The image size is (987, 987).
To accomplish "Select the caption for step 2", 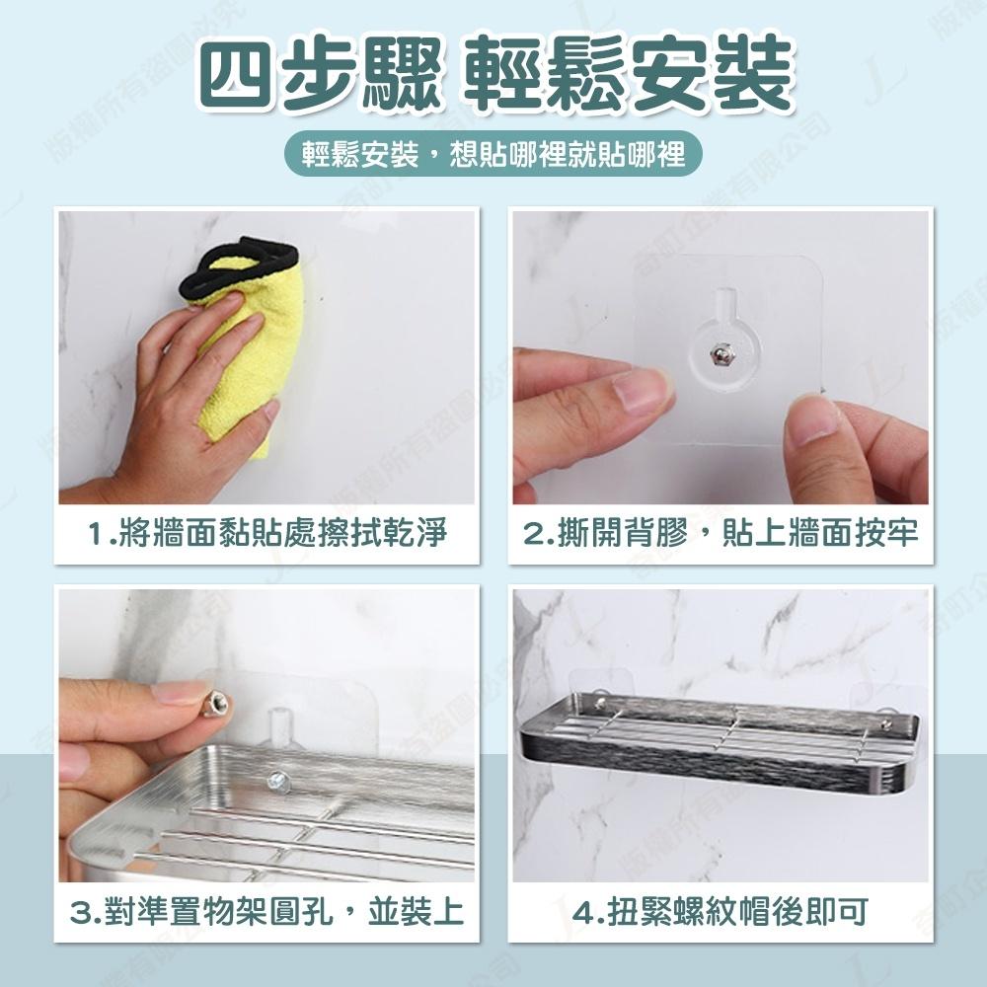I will [721, 535].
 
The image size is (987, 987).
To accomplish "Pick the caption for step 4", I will [721, 911].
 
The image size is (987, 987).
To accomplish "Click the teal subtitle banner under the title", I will [493, 156].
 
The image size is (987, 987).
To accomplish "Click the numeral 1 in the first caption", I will [96, 536].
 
